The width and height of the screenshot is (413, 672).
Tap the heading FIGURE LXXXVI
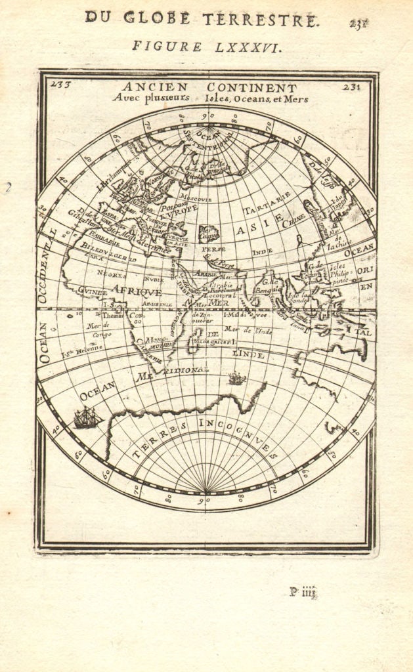(x=197, y=47)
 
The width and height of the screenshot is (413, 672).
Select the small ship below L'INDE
(x=236, y=378)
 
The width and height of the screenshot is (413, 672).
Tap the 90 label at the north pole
(x=208, y=115)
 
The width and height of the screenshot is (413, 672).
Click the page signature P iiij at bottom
(x=303, y=592)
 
